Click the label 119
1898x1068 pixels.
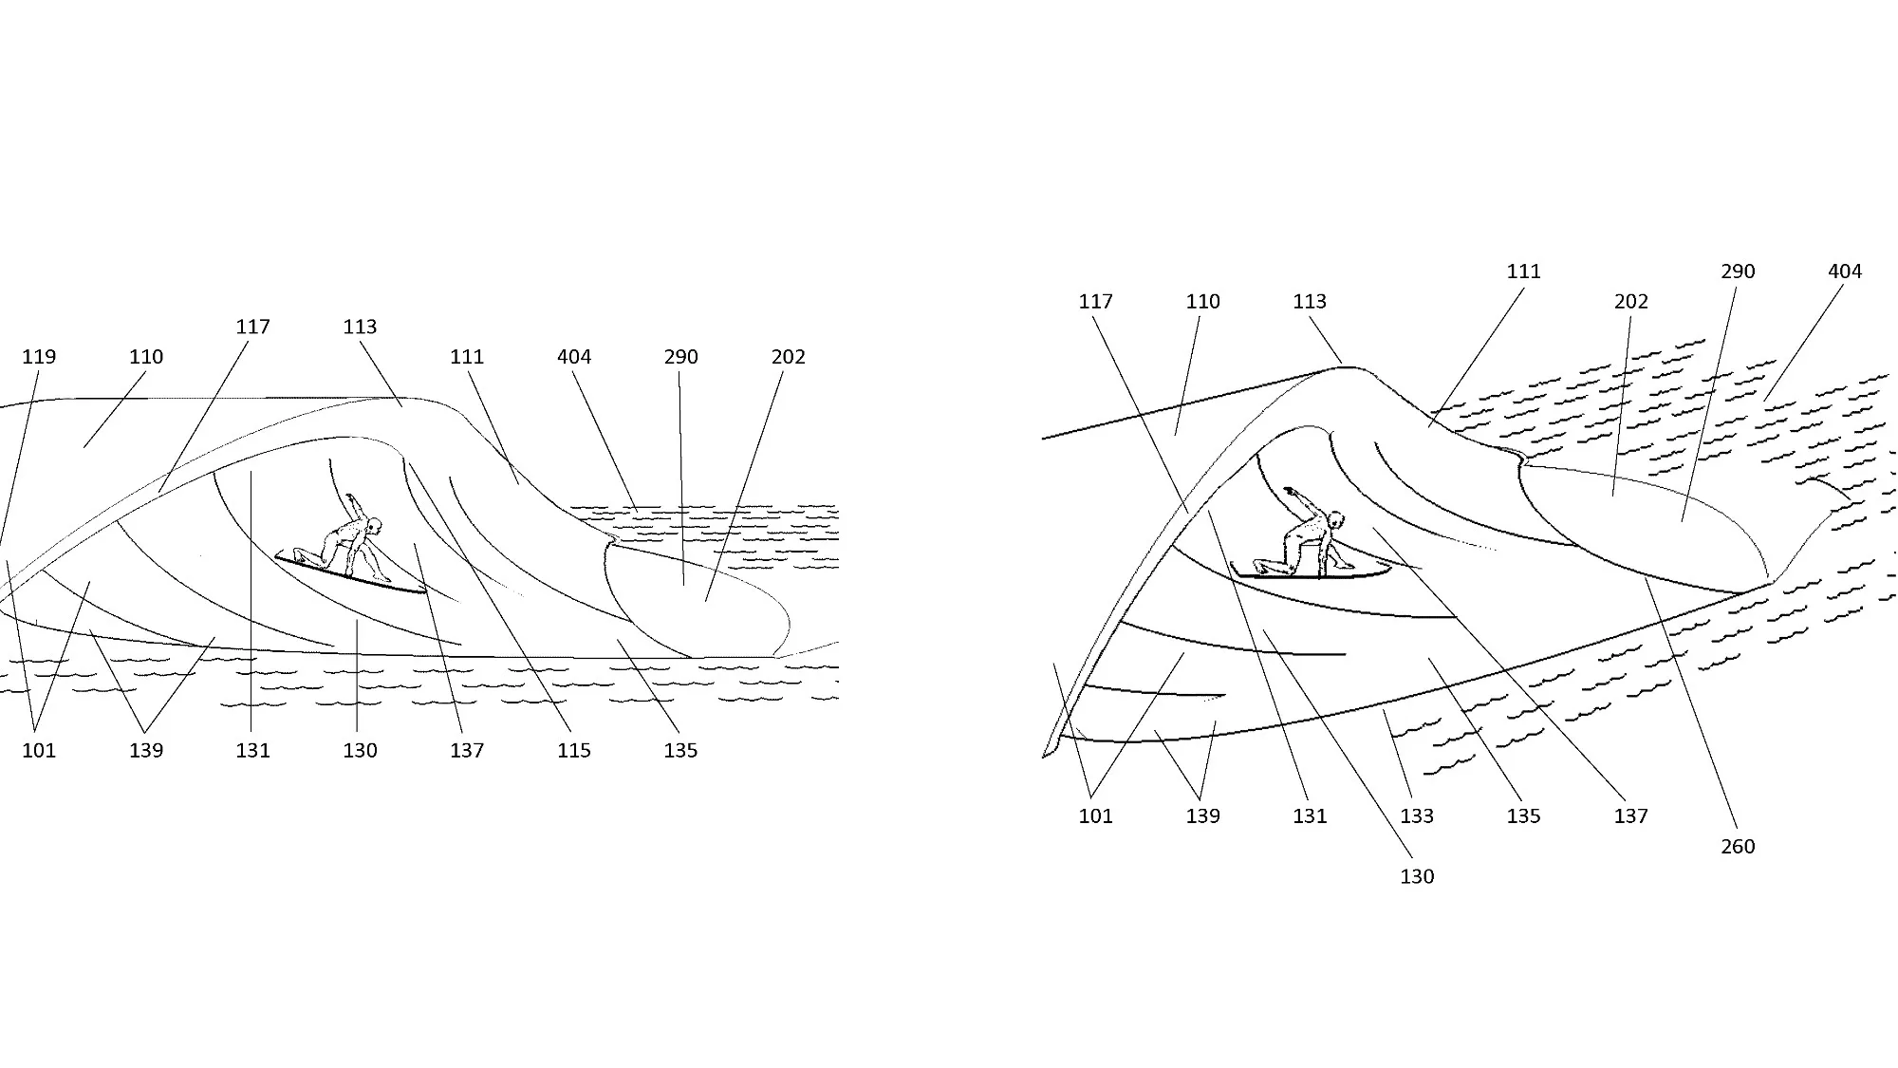click(39, 357)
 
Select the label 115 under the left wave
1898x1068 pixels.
click(574, 751)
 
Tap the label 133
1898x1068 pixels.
click(1417, 816)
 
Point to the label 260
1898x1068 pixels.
click(1738, 847)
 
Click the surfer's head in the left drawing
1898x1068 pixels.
click(375, 525)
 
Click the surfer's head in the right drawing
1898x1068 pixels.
click(1336, 519)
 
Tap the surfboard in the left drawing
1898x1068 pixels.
click(349, 575)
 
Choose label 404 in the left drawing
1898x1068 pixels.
click(574, 357)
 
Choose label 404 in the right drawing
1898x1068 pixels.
click(1845, 272)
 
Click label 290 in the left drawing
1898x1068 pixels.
click(681, 357)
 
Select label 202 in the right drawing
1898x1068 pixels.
click(1631, 302)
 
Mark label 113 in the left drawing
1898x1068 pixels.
click(360, 327)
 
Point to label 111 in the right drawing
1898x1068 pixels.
click(1524, 272)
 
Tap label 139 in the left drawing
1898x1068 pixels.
click(146, 751)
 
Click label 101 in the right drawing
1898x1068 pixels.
click(1095, 816)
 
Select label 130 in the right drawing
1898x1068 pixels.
click(1417, 877)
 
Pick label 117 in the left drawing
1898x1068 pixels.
click(252, 327)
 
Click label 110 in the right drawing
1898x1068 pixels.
click(1202, 302)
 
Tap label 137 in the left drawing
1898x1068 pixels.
click(467, 751)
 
